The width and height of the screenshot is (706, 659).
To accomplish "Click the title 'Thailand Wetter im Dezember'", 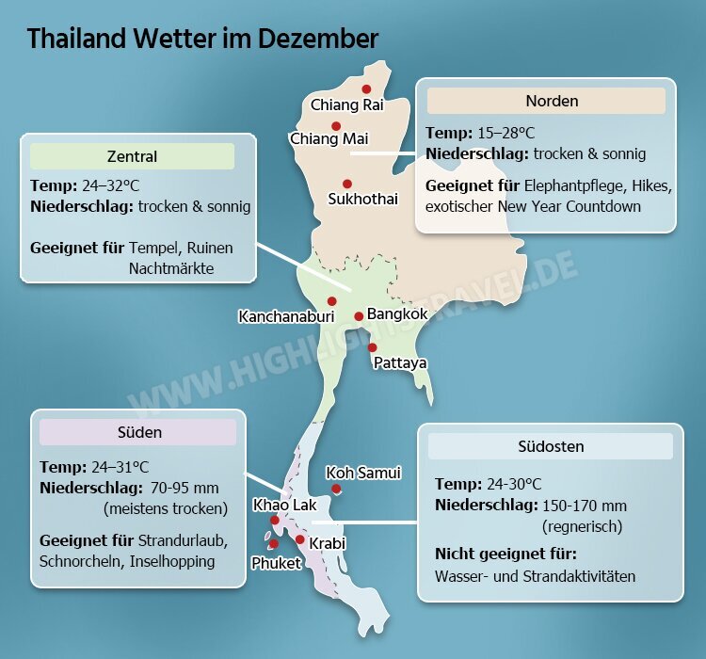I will tap(202, 39).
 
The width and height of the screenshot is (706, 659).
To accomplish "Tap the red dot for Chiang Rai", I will tap(366, 88).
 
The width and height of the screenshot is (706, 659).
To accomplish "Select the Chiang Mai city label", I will tap(329, 139).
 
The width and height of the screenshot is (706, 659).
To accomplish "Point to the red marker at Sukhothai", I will tap(347, 184).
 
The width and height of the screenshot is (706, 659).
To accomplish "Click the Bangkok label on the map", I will tap(397, 313).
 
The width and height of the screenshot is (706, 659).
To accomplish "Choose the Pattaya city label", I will tap(400, 362).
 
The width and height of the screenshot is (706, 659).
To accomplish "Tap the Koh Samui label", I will tap(363, 473).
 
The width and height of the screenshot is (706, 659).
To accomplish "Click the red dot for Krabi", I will tap(300, 539).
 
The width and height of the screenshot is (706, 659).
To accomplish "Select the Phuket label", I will tap(276, 563).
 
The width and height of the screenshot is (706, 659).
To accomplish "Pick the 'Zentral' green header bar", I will tap(133, 156).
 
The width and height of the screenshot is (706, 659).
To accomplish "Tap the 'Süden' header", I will tap(138, 432).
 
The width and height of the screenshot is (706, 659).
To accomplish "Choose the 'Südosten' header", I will tap(551, 446).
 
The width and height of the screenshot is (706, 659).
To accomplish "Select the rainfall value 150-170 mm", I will tap(585, 506).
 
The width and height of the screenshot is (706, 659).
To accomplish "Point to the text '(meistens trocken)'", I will tap(166, 508).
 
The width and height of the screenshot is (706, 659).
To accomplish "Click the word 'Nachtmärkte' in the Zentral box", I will tap(171, 268).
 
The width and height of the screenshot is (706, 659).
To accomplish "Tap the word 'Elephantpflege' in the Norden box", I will tap(573, 185).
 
